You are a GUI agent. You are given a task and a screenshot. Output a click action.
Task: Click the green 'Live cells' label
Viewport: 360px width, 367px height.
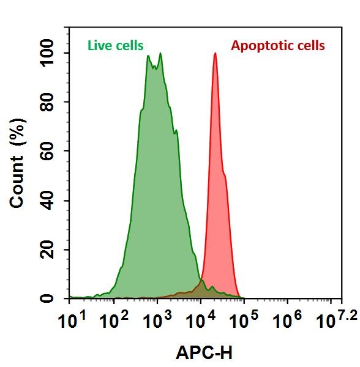pyautogui.click(x=116, y=45)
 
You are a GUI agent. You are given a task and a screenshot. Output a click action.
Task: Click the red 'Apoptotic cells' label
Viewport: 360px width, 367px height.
pyautogui.click(x=278, y=45)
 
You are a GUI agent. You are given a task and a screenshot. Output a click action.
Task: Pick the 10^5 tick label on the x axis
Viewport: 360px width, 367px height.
pyautogui.click(x=242, y=319)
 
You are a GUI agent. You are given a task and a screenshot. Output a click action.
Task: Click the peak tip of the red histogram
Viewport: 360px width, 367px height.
pyautogui.click(x=215, y=54)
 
